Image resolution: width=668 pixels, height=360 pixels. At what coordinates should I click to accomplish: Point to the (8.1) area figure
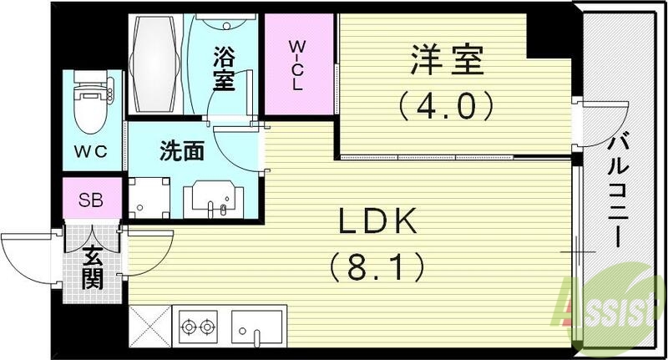[375, 267]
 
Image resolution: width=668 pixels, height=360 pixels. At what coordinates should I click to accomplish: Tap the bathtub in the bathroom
[158, 63]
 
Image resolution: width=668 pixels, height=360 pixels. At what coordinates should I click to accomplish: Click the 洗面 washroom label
[181, 153]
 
